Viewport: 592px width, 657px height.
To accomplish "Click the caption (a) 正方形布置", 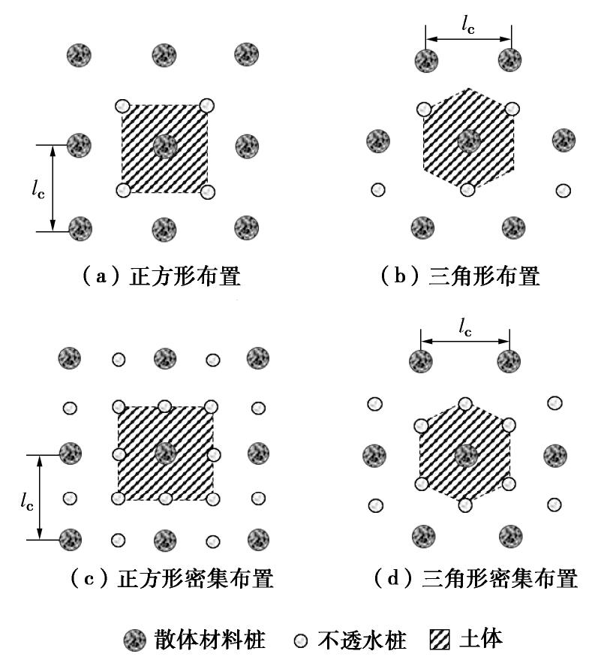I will [x=161, y=277].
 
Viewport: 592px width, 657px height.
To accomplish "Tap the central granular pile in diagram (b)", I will [x=469, y=140].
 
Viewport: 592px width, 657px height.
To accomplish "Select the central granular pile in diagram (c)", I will [x=164, y=453].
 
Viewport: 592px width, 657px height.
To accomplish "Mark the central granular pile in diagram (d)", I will [x=466, y=454].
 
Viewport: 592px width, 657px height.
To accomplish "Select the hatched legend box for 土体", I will [x=439, y=640].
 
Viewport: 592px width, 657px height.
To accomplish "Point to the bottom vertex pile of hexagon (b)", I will [x=468, y=189].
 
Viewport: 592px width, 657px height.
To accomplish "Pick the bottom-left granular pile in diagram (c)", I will [x=71, y=539].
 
